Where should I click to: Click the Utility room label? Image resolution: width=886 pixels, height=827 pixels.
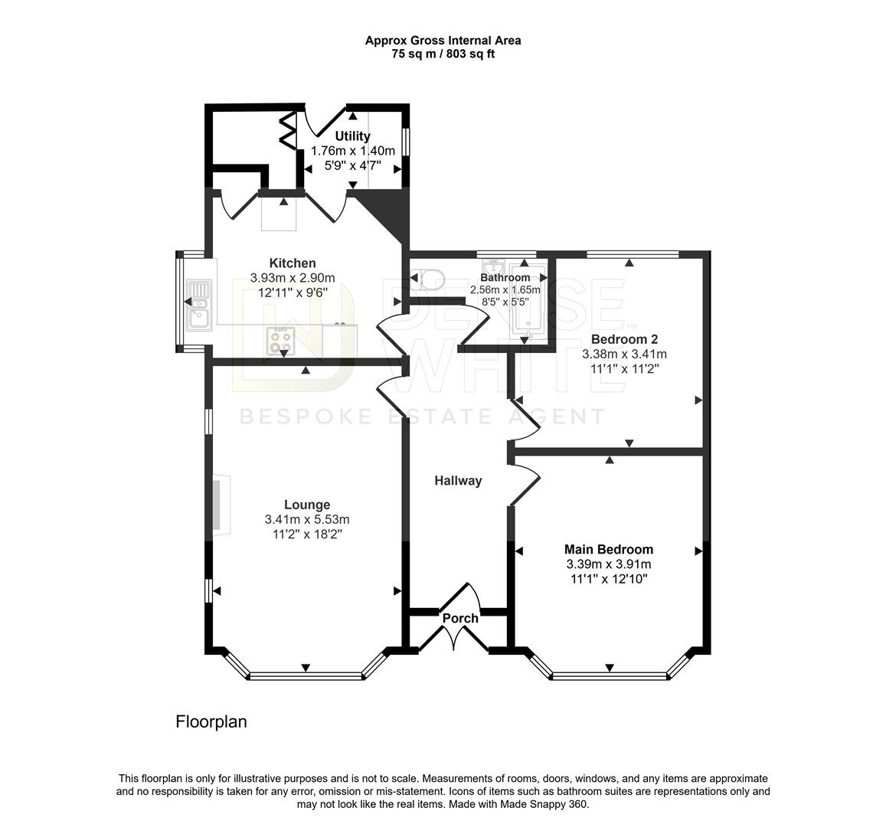click(352, 136)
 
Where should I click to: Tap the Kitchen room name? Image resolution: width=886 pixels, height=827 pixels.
click(292, 263)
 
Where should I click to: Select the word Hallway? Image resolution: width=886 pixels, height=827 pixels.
click(458, 481)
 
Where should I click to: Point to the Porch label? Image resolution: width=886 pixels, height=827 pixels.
click(460, 619)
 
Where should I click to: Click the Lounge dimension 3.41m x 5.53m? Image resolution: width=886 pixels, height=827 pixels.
click(307, 520)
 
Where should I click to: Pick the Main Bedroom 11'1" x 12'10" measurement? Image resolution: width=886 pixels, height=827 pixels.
click(609, 579)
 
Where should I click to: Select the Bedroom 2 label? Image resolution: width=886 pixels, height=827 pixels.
click(624, 339)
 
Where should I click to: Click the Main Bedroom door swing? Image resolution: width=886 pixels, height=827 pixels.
click(525, 483)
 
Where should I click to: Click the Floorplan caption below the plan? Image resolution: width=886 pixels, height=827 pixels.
click(211, 722)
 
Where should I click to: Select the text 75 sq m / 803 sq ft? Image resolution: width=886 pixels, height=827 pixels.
click(443, 55)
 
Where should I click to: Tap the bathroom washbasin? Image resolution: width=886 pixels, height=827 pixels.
click(495, 266)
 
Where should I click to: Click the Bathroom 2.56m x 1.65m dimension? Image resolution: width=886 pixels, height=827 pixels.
click(505, 289)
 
